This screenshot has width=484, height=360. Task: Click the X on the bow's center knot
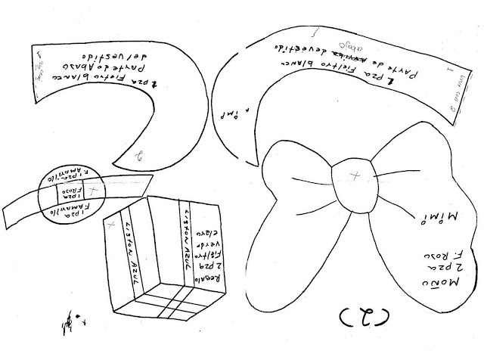[353, 176]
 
